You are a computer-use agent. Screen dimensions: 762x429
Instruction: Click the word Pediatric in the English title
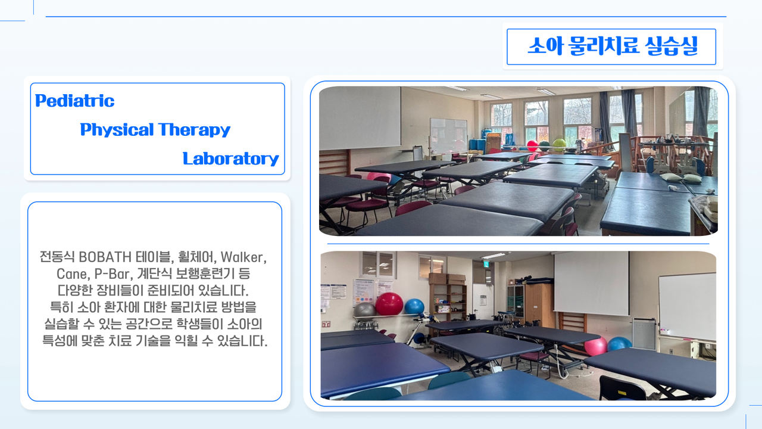coord(74,101)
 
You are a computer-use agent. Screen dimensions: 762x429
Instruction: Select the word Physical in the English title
coord(117,130)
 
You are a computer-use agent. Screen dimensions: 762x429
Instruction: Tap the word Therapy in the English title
coord(194,130)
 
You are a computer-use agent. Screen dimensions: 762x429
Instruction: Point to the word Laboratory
coord(230,158)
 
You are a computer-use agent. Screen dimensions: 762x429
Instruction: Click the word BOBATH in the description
coord(105,257)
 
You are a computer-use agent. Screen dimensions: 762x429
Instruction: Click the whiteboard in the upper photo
coord(448,135)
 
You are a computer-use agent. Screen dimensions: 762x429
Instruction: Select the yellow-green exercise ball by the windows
coord(559,144)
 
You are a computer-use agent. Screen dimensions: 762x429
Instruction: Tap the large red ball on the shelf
coord(389,304)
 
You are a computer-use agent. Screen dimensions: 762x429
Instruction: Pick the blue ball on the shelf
coord(414,306)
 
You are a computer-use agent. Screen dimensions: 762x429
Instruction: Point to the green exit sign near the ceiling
coord(486,264)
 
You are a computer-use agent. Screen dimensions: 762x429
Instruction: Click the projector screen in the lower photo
coord(591,283)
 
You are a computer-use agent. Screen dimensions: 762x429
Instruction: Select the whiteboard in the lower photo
coord(687,306)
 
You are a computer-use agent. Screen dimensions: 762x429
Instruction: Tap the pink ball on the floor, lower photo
coord(596,346)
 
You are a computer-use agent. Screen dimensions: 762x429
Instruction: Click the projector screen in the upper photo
coord(360,118)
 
